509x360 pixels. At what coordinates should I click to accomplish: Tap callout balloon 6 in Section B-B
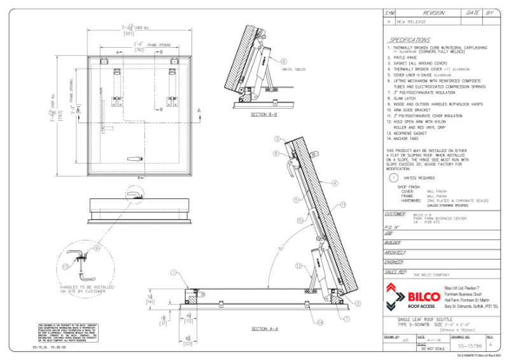point(284,61)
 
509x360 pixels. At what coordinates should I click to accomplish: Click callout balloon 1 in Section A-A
point(172,272)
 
